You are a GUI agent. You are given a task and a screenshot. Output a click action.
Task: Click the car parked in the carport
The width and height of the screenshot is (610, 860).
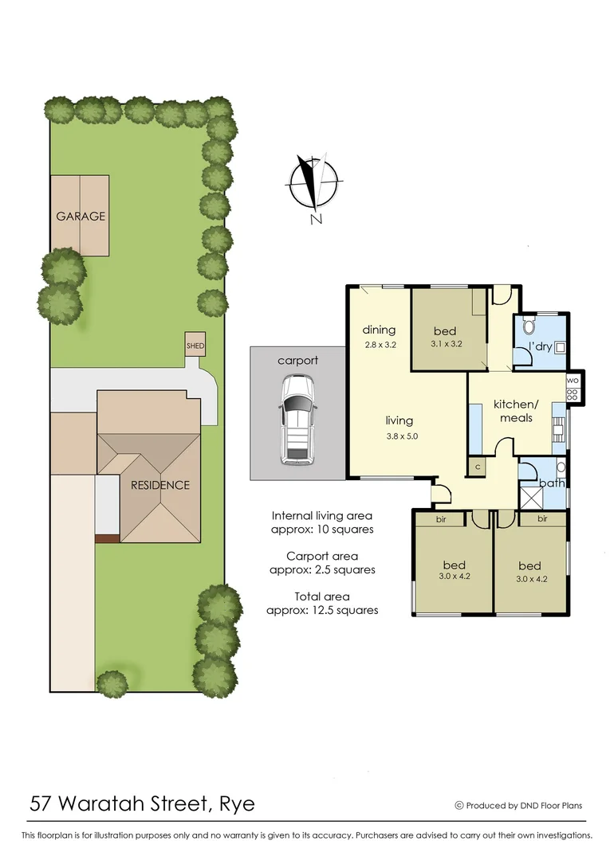pyautogui.click(x=297, y=419)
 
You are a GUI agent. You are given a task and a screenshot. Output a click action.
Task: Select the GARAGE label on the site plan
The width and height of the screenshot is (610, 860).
pyautogui.click(x=80, y=216)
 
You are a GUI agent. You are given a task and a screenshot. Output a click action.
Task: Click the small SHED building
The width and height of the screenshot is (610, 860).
pyautogui.click(x=195, y=345)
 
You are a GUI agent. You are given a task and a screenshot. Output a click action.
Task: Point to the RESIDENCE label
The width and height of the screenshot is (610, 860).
pyautogui.click(x=160, y=484)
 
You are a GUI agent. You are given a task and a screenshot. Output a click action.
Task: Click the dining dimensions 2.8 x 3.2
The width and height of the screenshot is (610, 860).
pyautogui.click(x=379, y=346)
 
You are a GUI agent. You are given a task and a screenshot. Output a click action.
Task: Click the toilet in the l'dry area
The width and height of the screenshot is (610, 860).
pyautogui.click(x=527, y=326)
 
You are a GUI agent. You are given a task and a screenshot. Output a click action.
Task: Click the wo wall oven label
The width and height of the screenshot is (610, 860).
pyautogui.click(x=572, y=381)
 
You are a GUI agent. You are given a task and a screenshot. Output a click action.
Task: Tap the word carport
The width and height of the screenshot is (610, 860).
pyautogui.click(x=297, y=360)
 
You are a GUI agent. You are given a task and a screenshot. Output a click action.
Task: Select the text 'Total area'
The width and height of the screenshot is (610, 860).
pyautogui.click(x=322, y=596)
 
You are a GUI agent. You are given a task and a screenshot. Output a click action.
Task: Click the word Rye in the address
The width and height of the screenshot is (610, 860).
pyautogui.click(x=237, y=803)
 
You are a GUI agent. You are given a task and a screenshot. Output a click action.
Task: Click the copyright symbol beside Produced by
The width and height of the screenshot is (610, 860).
pyautogui.click(x=458, y=805)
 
